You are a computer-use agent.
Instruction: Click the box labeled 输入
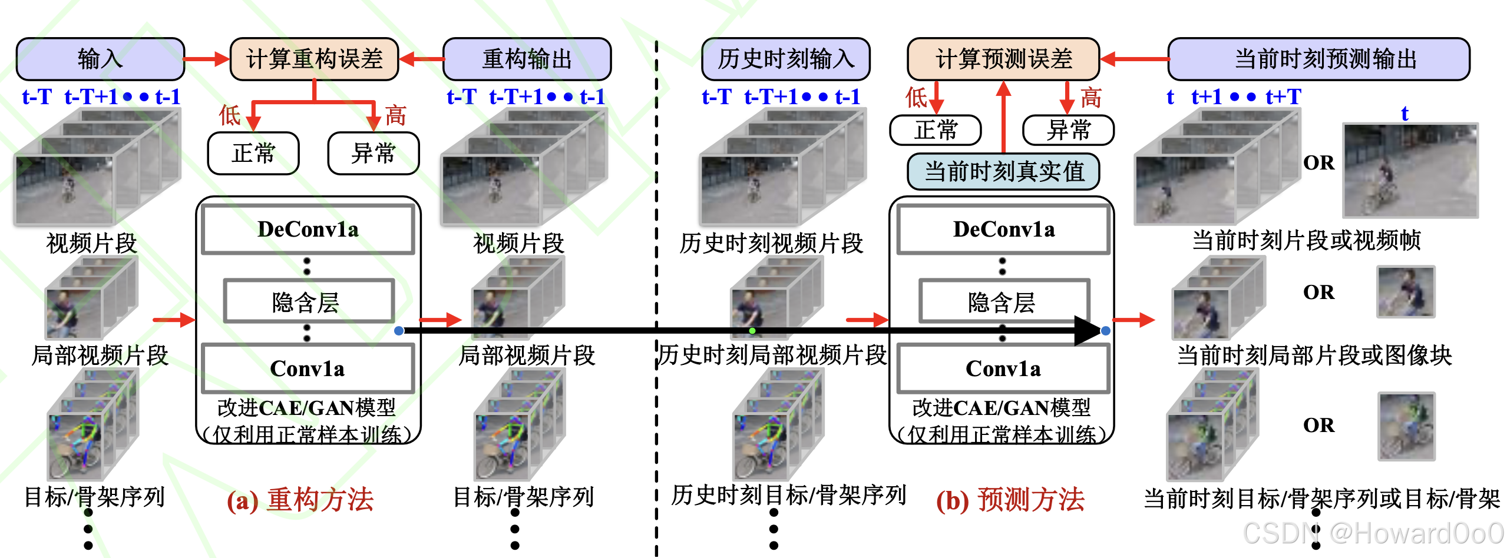[100, 59]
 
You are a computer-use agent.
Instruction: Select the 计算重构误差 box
[314, 59]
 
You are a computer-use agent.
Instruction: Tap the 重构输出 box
[527, 59]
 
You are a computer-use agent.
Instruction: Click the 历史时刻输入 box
[785, 59]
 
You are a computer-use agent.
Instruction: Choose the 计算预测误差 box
[1003, 59]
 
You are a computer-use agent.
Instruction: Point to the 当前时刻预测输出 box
[1318, 59]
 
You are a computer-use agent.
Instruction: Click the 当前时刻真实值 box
[1003, 171]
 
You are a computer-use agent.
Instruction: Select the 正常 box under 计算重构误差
[253, 154]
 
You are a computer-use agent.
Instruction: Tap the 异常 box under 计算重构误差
[373, 154]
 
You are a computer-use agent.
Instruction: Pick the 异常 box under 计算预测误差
[1068, 130]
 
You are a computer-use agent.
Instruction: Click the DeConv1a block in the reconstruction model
[308, 230]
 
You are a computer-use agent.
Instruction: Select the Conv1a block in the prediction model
[1003, 369]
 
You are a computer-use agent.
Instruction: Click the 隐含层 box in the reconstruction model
[308, 302]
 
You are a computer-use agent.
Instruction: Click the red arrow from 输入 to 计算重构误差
[207, 59]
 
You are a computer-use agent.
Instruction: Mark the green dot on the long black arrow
[752, 331]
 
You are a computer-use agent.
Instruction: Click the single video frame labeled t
[1410, 171]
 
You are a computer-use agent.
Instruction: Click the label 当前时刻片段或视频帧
[1306, 241]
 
